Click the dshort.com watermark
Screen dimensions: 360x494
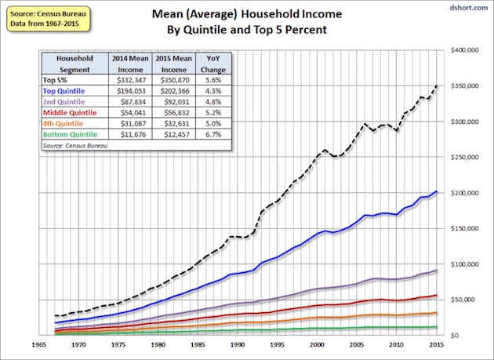point(468,9)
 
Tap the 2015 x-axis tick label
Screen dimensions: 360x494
point(437,344)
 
